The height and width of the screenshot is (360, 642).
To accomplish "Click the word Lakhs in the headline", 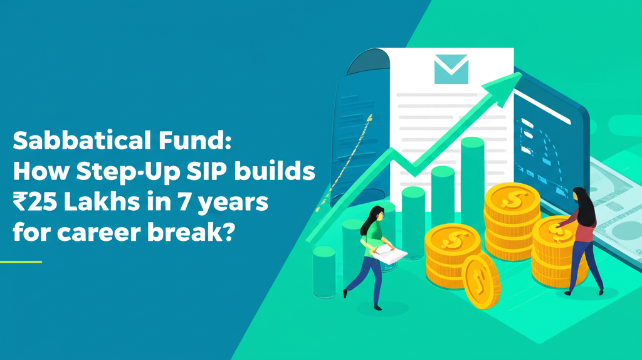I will (x=106, y=203).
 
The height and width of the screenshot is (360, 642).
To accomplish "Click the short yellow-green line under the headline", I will (x=21, y=262).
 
